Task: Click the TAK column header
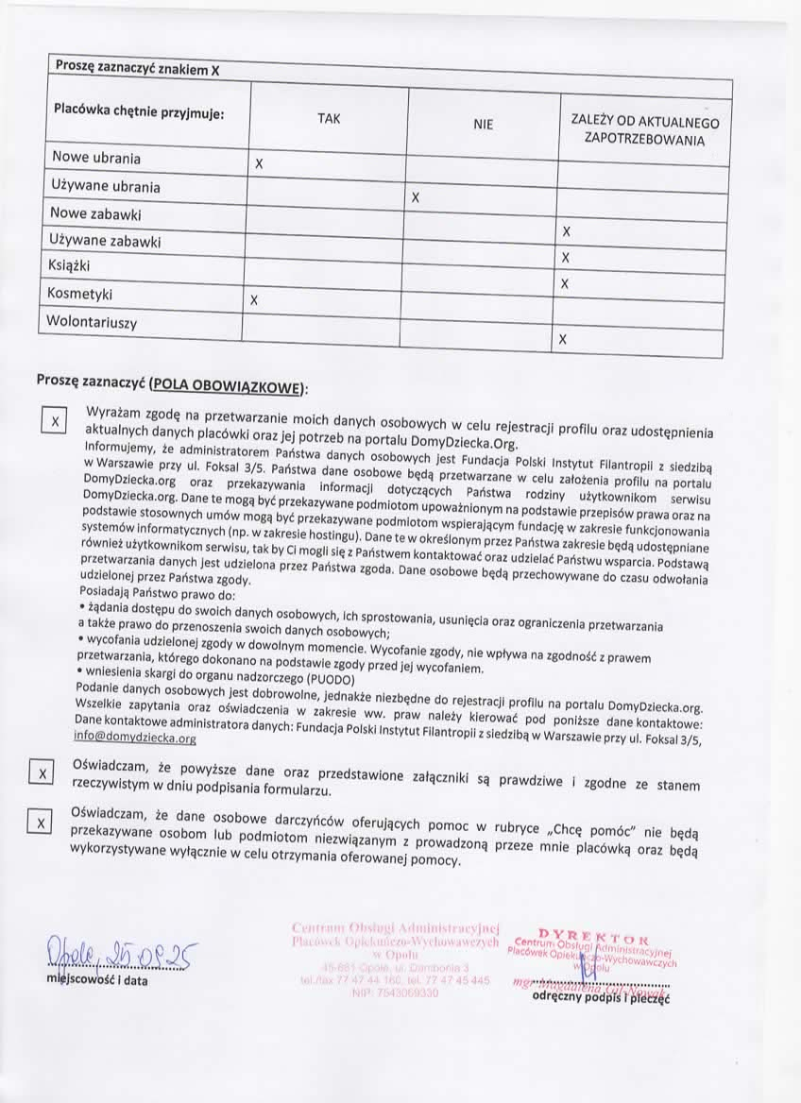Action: click(x=330, y=119)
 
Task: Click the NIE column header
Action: click(x=483, y=124)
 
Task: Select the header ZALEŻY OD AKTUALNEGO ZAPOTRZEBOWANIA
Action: click(x=644, y=131)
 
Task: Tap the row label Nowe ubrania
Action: click(x=96, y=157)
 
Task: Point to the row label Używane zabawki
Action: click(x=106, y=242)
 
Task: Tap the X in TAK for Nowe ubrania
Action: click(x=258, y=164)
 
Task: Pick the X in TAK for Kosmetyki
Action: click(x=253, y=300)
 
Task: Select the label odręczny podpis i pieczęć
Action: click(x=601, y=996)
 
